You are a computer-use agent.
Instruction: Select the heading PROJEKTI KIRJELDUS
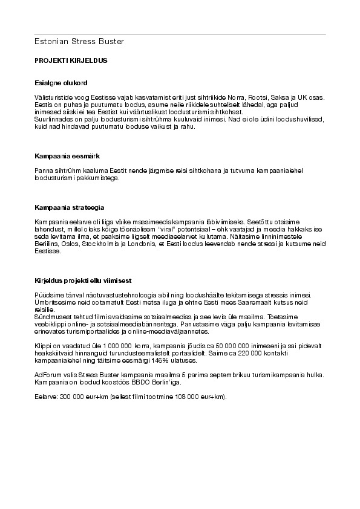point(71,62)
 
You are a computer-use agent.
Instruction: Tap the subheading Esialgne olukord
point(63,82)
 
